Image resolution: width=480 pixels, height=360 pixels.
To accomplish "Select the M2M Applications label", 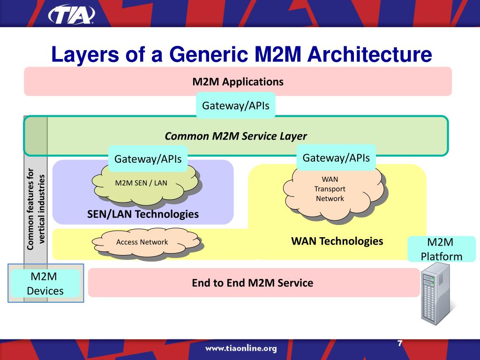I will click(x=238, y=82).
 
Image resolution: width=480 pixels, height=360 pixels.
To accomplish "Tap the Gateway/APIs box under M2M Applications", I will click(x=235, y=105).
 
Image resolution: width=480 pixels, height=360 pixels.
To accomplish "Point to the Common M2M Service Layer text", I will click(x=236, y=136).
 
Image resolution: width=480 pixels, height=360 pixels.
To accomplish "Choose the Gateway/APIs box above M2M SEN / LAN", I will click(x=148, y=159).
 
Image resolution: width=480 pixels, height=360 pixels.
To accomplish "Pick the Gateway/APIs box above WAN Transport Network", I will click(x=336, y=158).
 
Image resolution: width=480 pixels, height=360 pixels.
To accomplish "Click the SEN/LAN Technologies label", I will click(x=143, y=214).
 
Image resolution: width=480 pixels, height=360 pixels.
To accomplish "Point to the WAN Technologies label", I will click(x=337, y=241).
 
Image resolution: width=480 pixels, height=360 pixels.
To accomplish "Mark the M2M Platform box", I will click(x=441, y=249).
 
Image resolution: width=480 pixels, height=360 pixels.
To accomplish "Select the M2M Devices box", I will click(x=45, y=284).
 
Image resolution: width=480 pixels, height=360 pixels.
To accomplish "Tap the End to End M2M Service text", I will click(x=252, y=283).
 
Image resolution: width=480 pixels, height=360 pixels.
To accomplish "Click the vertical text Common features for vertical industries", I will click(x=36, y=209).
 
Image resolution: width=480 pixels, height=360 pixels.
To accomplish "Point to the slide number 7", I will click(x=399, y=343).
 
